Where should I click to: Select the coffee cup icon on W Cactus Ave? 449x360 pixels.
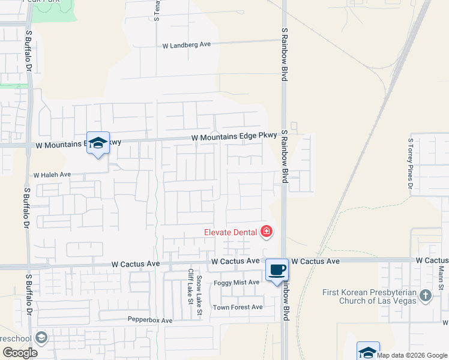[277, 269]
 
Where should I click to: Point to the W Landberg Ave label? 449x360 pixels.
[187, 44]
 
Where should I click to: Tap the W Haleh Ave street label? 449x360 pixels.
[52, 175]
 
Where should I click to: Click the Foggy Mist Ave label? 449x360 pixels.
[237, 282]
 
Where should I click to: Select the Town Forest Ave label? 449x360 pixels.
[238, 307]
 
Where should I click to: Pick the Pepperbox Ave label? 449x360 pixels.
[150, 320]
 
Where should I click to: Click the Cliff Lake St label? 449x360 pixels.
[190, 286]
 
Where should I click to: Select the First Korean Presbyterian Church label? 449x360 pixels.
[369, 296]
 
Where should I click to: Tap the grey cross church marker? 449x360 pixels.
[426, 295]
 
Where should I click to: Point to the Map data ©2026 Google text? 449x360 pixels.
[412, 355]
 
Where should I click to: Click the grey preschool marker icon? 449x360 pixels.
[41, 338]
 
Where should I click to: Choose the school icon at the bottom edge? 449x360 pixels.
[368, 352]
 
